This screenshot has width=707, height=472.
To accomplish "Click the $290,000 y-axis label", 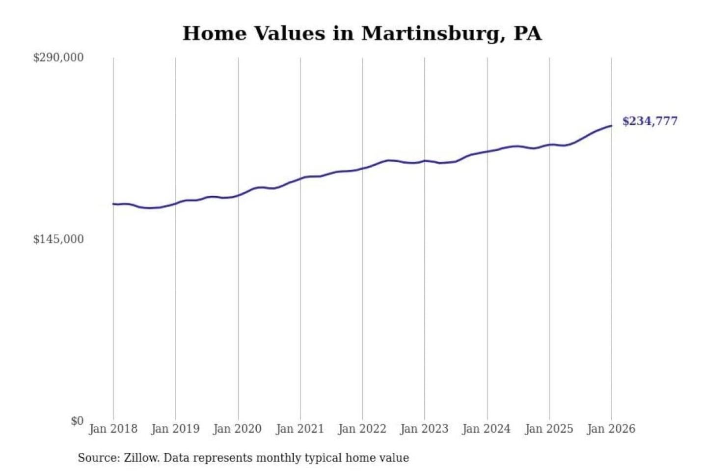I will pos(58,58).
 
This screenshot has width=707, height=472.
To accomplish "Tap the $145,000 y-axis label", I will pos(58,239).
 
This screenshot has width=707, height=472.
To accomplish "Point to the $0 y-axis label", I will pos(77,421).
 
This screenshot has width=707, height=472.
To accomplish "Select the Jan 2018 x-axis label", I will pos(113,429).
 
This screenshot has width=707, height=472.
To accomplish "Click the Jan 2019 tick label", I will pos(175,429).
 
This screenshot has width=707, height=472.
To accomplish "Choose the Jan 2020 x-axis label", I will pos(238,429).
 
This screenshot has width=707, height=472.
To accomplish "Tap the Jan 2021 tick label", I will pos(300,429).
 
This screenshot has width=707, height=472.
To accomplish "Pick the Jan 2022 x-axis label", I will pos(362,429).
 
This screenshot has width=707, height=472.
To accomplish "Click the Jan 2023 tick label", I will pos(424,429).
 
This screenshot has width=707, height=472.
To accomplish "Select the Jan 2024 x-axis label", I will pos(487,429).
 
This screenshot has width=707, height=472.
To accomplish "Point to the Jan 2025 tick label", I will pos(549,429).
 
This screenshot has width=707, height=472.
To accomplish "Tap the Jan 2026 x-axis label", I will pos(611,429).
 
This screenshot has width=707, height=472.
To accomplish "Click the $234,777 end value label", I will pos(650,121).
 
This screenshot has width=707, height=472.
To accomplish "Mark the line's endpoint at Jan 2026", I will pos(611,126).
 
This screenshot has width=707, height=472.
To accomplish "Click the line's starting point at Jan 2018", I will pos(113,204).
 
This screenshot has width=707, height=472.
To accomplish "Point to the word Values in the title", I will pos(289,33).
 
